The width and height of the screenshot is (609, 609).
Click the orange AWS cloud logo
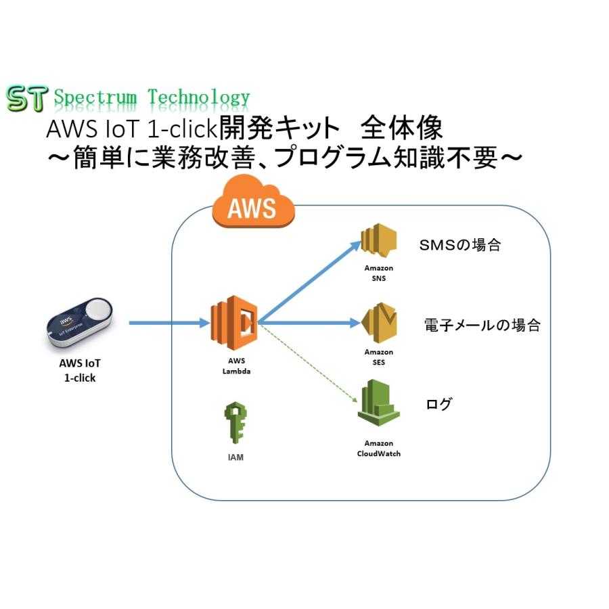point(254,203)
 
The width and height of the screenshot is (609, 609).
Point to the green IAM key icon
point(235,423)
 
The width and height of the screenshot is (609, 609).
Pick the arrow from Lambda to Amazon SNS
point(311,281)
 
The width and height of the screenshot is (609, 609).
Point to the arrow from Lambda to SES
point(308,323)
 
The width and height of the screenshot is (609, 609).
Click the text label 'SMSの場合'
point(460,245)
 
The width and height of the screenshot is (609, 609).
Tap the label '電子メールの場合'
point(482,325)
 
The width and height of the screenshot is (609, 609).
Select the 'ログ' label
point(438,405)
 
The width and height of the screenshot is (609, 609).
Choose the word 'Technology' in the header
point(199,98)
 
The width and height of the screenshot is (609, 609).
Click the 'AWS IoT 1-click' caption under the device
point(80,371)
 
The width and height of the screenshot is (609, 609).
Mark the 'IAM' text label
point(235,457)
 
